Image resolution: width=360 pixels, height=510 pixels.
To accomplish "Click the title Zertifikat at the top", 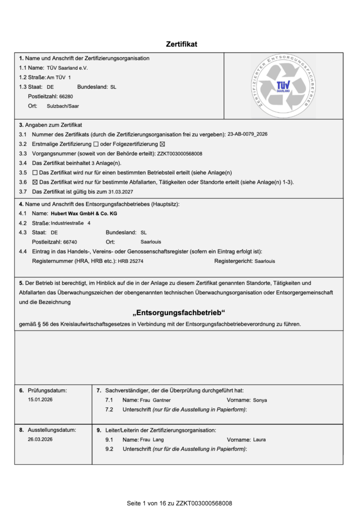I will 181,44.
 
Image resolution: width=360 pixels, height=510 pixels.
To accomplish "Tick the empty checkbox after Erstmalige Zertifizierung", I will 96,144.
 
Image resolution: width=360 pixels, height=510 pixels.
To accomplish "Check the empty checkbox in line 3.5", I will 35,172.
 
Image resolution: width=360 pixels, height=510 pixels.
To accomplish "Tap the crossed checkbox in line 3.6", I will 35,182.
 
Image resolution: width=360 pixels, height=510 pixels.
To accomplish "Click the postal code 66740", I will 70,242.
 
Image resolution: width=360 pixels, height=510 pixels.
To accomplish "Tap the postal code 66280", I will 66,96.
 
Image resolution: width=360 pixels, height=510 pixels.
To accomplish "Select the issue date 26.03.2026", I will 40,440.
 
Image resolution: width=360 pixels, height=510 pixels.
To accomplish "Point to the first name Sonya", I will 260,400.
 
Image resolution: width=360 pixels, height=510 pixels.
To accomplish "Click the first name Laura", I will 259,440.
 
